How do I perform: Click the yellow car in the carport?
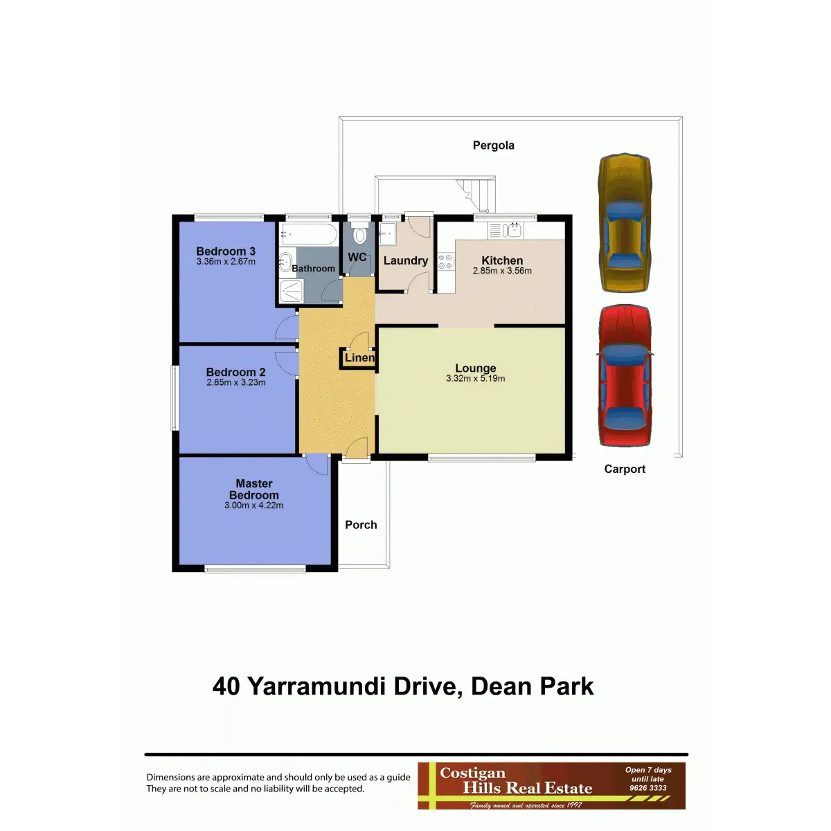[625, 222]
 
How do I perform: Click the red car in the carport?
[625, 375]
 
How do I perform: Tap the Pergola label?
[493, 145]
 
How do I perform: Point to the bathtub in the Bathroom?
[308, 234]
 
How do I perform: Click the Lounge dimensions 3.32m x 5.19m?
[475, 379]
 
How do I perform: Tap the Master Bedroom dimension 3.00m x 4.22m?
[253, 506]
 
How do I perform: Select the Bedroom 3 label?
[226, 251]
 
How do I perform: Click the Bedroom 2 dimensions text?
[236, 382]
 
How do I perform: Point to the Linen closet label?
[359, 357]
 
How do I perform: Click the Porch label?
[361, 525]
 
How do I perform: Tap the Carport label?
[625, 470]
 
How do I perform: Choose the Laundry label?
[406, 260]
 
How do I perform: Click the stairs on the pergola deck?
[475, 195]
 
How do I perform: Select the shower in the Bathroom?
[291, 291]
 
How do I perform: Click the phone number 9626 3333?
[647, 788]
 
